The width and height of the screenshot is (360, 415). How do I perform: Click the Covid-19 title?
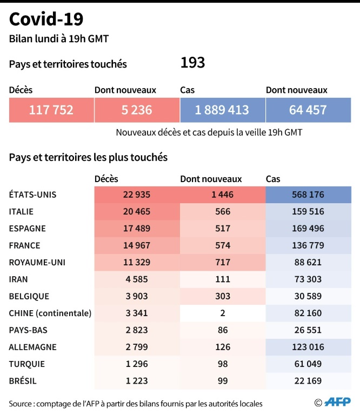tap(46, 20)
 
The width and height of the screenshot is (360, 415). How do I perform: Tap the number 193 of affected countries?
tap(192, 63)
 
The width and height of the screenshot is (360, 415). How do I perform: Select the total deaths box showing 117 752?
tap(51, 110)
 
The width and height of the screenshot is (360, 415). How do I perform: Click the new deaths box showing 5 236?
tap(137, 110)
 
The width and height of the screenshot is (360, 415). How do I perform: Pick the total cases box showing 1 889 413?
tap(222, 110)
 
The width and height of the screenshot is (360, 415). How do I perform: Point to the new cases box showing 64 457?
tap(308, 110)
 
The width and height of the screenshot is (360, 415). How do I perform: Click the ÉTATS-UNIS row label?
tap(33, 195)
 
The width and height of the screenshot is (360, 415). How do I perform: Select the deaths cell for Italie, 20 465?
tap(137, 211)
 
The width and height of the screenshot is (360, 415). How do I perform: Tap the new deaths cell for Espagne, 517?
tap(222, 228)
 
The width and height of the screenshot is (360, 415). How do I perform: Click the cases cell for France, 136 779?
tap(308, 245)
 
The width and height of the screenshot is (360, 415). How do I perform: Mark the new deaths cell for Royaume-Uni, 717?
tap(222, 262)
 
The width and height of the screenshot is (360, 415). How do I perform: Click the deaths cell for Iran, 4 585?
tap(137, 279)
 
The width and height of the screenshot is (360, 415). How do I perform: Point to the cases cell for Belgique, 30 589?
tap(308, 296)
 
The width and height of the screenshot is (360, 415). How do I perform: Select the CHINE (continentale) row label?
tap(50, 313)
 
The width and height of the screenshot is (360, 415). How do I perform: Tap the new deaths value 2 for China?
tap(222, 313)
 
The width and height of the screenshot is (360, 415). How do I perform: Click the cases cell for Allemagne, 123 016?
tap(308, 347)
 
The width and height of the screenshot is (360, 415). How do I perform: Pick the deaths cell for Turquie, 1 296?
tap(137, 364)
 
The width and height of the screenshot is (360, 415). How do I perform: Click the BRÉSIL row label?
tap(23, 381)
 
